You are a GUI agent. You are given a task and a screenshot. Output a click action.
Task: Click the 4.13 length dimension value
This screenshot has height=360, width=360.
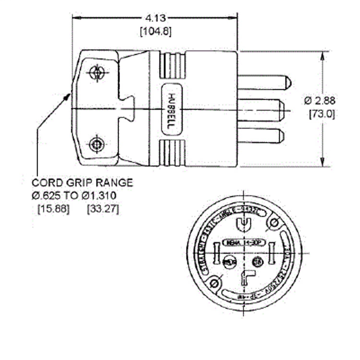pos(155,18)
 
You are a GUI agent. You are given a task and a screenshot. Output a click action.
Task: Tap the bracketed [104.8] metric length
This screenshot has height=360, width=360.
pos(156,31)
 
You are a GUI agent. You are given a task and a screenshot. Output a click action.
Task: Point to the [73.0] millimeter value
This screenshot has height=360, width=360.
pos(322,114)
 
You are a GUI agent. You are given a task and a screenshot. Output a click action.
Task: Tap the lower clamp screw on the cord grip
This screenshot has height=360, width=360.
pos(96,144)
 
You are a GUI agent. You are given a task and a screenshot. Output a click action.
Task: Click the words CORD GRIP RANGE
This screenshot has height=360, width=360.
pos(82,183)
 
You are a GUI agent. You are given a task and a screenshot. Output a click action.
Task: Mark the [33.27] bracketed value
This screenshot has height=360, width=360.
pos(103,209)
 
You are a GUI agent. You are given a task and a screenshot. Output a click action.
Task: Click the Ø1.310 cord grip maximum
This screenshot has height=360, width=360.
pos(99,196)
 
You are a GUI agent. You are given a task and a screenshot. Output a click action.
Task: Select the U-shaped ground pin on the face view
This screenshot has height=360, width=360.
pos(244,224)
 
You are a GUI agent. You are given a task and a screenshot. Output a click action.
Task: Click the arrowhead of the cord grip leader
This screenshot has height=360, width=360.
pos(68,96)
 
